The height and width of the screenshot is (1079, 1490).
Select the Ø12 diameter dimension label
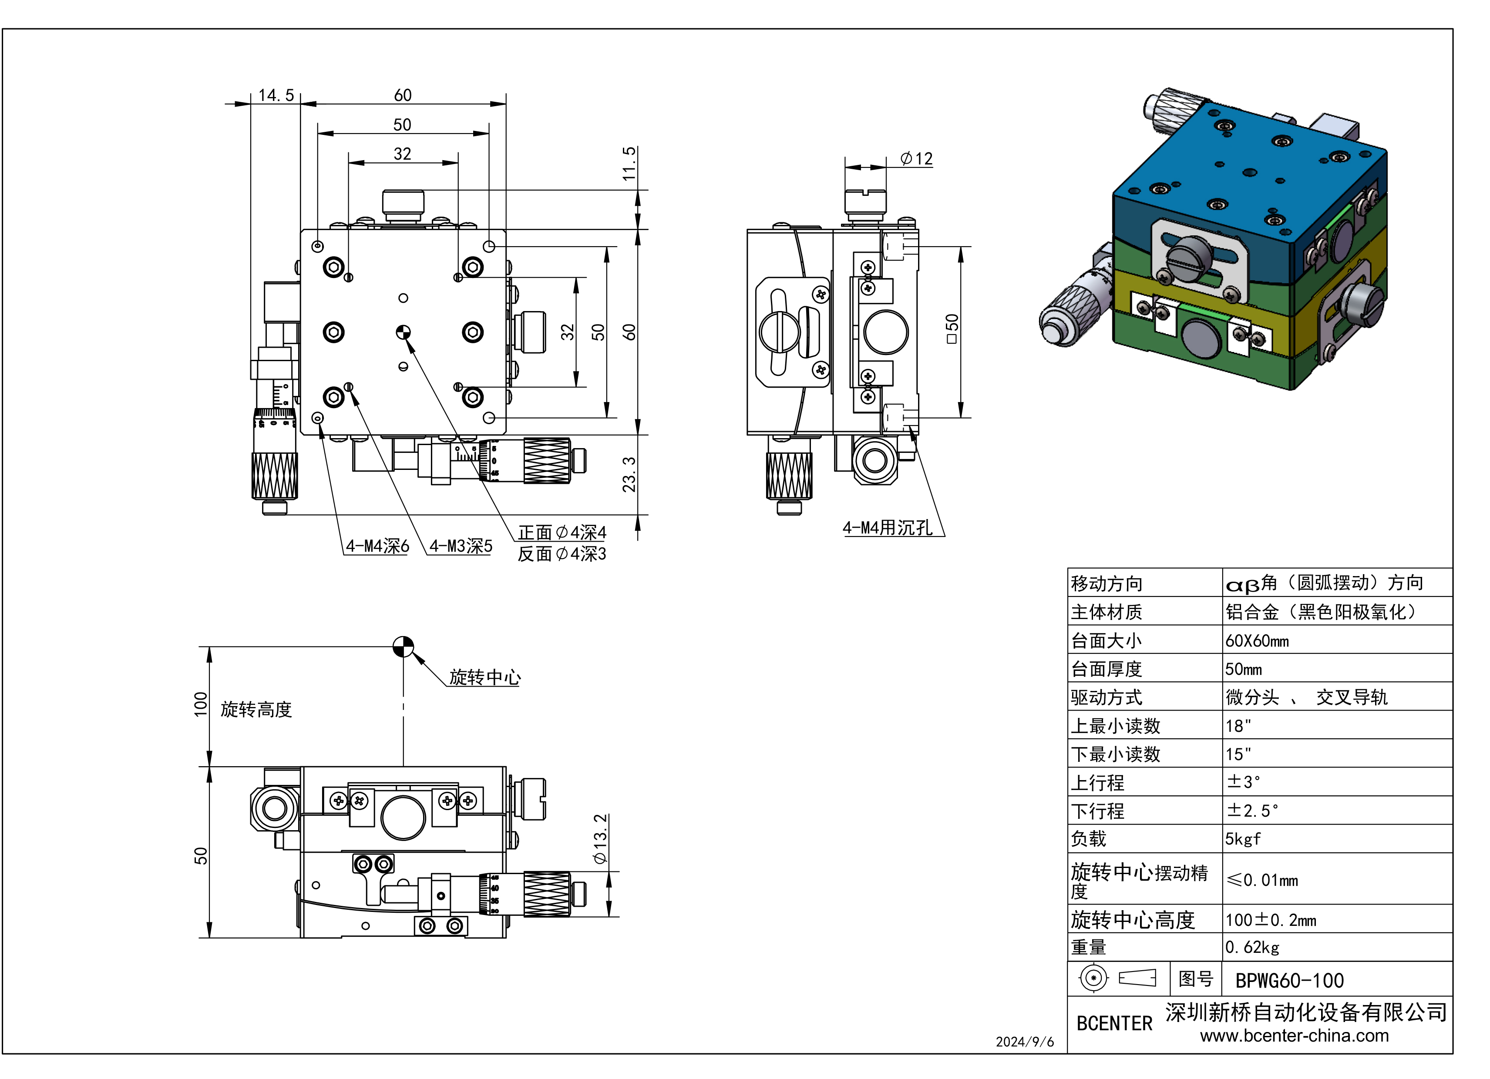click(x=916, y=158)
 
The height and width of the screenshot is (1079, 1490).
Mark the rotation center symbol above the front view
click(x=404, y=647)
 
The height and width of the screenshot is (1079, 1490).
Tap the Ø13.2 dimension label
click(x=600, y=839)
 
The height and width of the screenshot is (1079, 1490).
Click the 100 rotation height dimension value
click(x=200, y=704)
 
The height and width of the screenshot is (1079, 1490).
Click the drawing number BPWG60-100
click(x=1289, y=981)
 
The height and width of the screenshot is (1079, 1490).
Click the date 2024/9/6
click(x=1024, y=1042)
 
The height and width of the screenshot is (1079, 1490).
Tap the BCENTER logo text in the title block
click(x=1114, y=1023)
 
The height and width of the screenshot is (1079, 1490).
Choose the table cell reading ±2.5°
click(x=1252, y=811)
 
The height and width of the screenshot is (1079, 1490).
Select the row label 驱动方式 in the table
click(x=1107, y=697)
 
